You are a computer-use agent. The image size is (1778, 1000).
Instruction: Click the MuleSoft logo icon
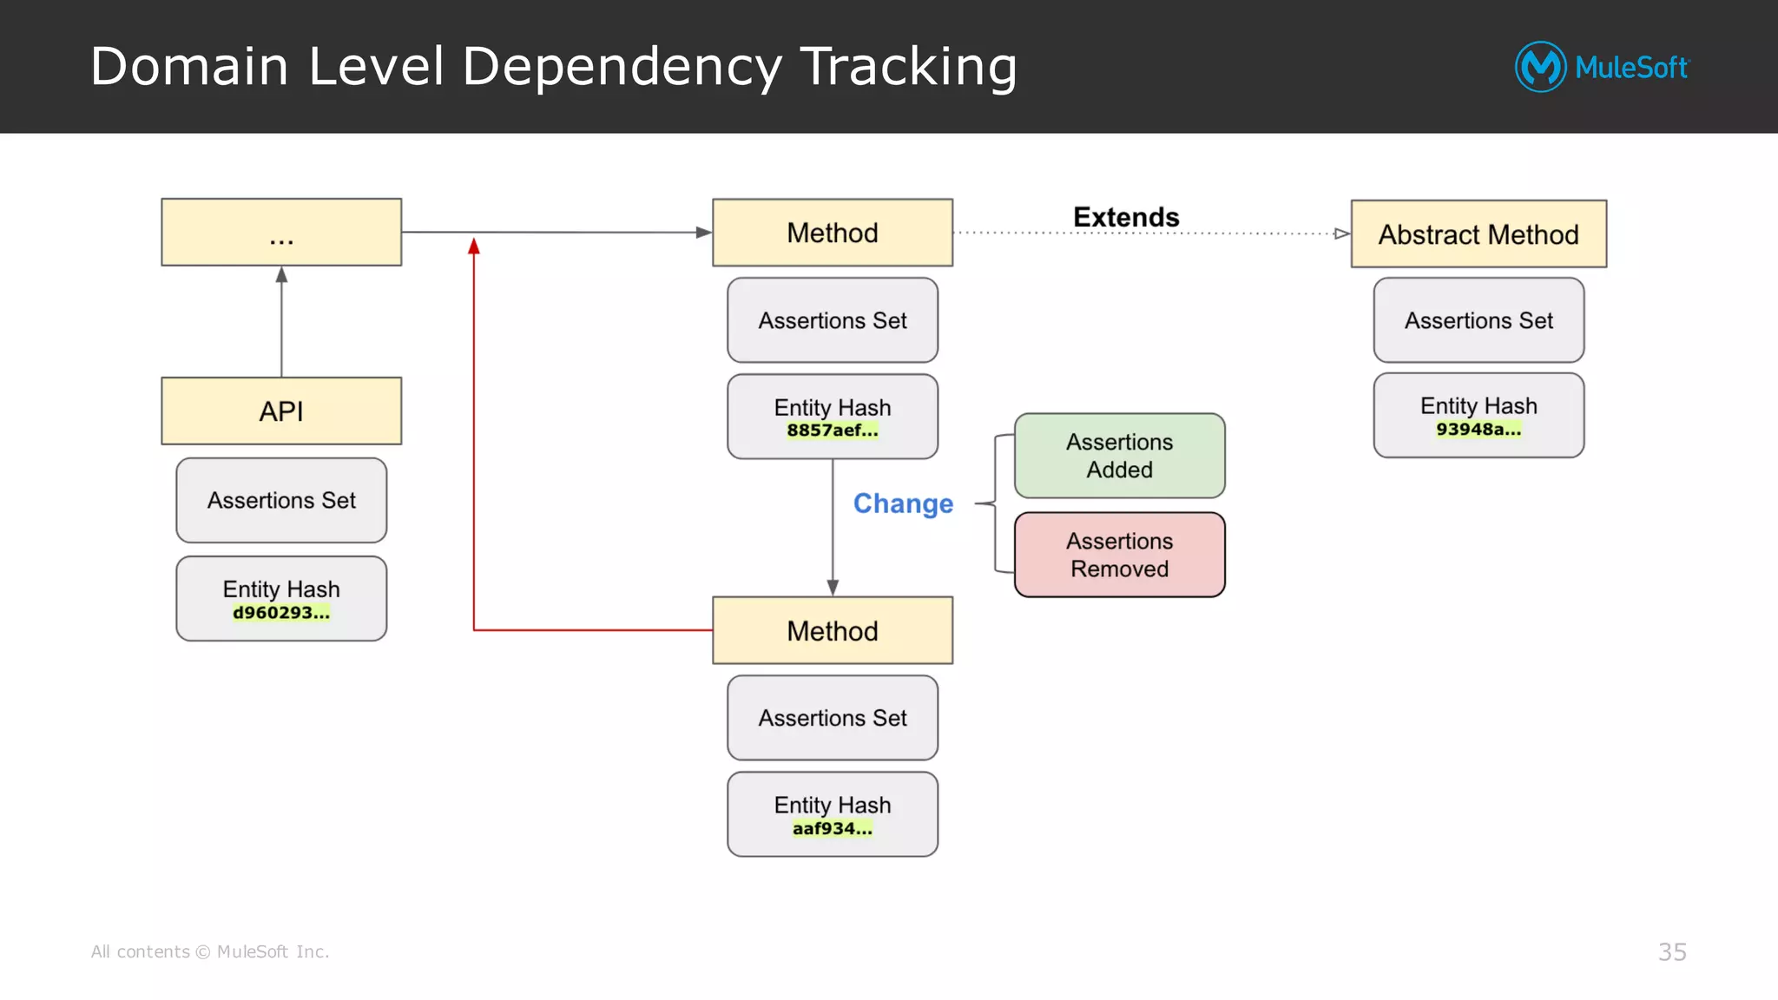click(x=1540, y=67)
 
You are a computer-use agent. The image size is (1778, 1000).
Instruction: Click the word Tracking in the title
click(x=908, y=67)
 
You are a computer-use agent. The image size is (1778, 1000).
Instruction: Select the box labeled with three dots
click(x=281, y=233)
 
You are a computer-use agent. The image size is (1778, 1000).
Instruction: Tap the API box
click(x=281, y=411)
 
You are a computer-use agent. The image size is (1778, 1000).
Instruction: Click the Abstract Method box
click(x=1478, y=234)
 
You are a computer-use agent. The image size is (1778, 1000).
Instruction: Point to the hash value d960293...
click(x=281, y=613)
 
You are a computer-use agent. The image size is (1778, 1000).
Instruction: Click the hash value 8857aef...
click(x=833, y=431)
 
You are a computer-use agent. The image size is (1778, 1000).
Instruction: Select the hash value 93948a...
click(x=1478, y=430)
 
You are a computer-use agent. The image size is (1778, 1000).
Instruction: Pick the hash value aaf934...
click(x=833, y=829)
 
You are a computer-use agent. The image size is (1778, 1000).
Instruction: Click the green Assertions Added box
click(x=1119, y=456)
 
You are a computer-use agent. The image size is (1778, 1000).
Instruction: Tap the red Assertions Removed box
click(x=1119, y=555)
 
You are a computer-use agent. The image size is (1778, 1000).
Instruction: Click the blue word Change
click(x=903, y=503)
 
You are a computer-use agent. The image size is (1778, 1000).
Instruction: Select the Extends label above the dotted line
click(x=1126, y=217)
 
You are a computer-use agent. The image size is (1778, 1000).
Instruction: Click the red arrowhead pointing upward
click(x=474, y=247)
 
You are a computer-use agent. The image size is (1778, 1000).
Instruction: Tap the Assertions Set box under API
click(x=281, y=500)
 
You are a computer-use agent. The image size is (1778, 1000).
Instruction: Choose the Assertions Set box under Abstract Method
click(x=1478, y=320)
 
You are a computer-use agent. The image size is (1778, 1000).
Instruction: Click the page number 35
click(x=1672, y=952)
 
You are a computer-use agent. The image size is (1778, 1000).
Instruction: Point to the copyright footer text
click(x=210, y=952)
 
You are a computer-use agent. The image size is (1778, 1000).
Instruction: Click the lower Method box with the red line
click(x=833, y=631)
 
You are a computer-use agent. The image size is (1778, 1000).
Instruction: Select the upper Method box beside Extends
click(x=833, y=233)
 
